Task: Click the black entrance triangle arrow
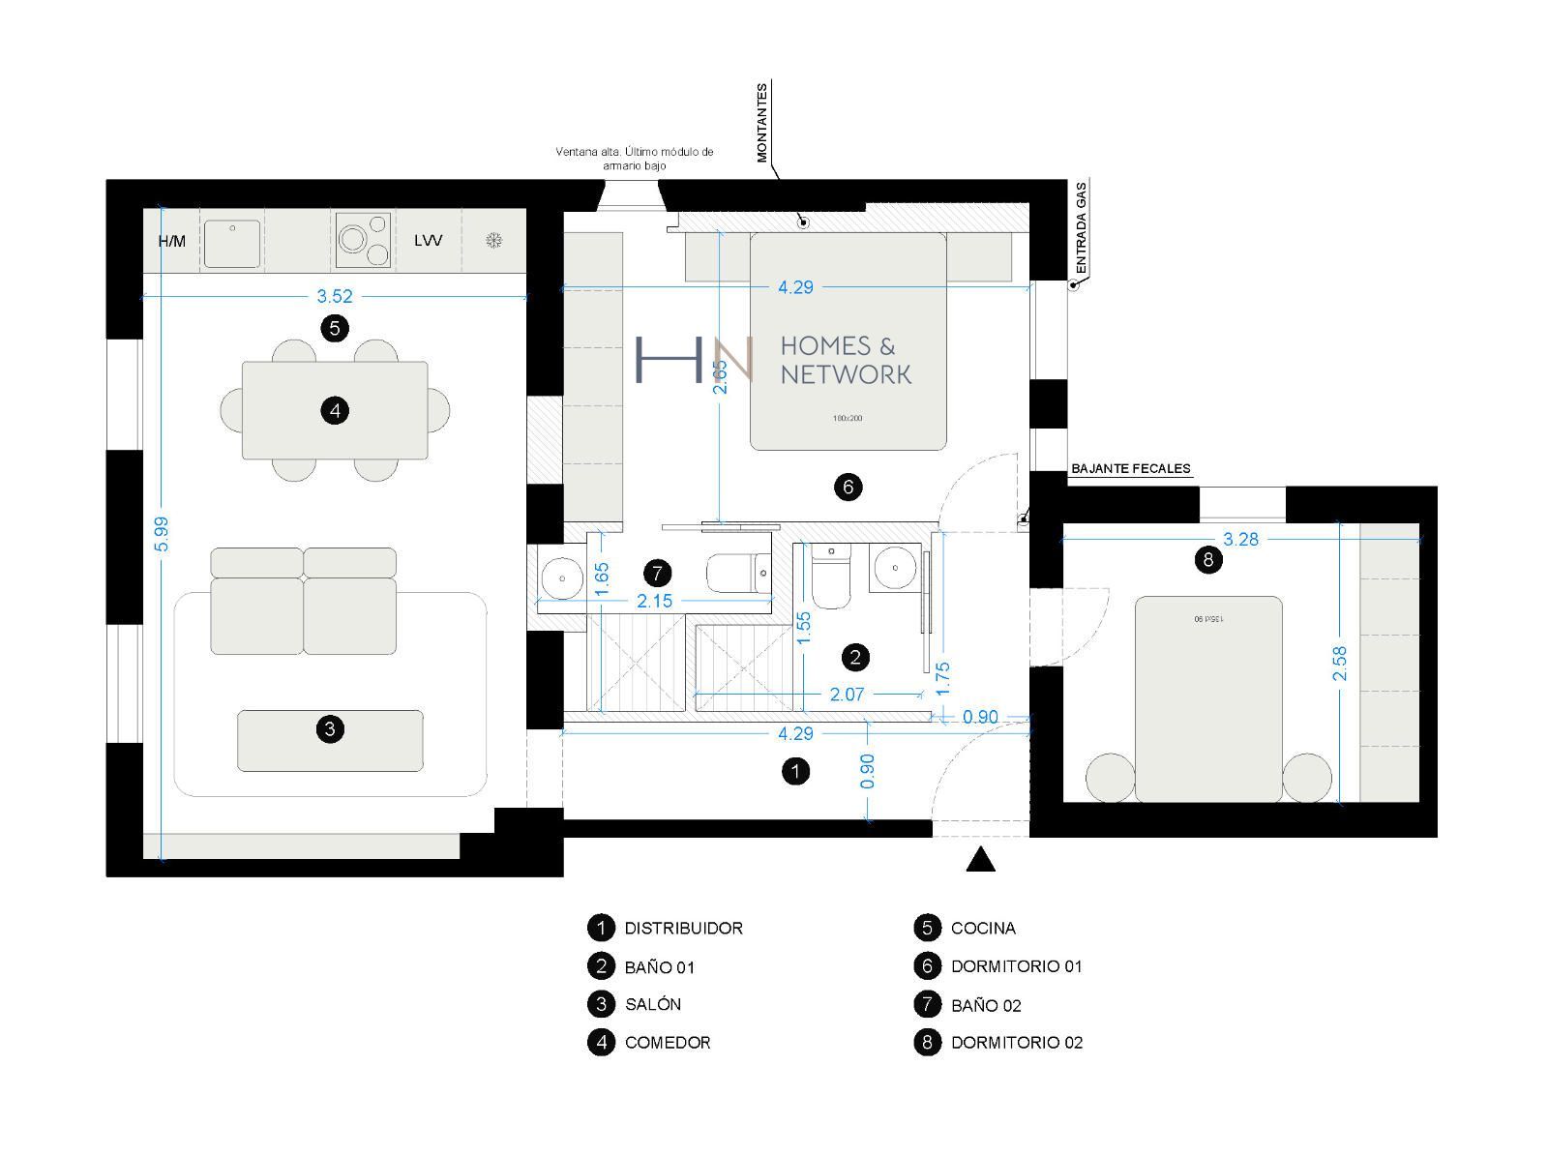click(x=980, y=860)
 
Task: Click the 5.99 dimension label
click(x=162, y=534)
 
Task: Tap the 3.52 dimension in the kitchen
click(x=335, y=297)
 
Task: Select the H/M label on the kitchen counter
click(x=172, y=241)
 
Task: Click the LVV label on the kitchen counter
click(x=428, y=240)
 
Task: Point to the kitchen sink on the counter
click(x=231, y=243)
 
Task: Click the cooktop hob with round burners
click(x=364, y=240)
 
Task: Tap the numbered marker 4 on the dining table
click(x=335, y=411)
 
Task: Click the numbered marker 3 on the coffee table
click(x=330, y=728)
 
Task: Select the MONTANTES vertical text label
click(x=762, y=123)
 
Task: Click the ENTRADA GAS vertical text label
click(x=1082, y=226)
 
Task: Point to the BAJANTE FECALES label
click(x=1131, y=469)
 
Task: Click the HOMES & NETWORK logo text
click(x=845, y=360)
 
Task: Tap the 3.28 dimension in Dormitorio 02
click(x=1240, y=540)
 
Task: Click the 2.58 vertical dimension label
click(x=1340, y=664)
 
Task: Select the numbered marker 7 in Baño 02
click(x=657, y=574)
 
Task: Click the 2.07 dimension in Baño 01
click(x=847, y=695)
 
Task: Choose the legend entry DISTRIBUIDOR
click(x=683, y=929)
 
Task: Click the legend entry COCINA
click(x=983, y=929)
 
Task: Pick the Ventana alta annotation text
click(x=635, y=159)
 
